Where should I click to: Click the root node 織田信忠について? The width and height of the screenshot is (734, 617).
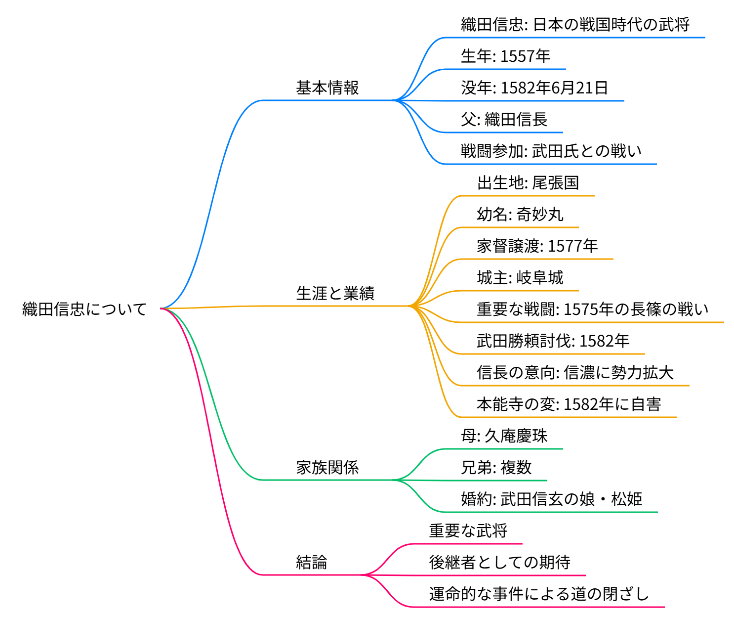(x=84, y=309)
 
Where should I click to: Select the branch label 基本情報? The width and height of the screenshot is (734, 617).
(x=327, y=88)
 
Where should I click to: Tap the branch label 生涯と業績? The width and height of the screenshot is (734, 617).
(x=335, y=293)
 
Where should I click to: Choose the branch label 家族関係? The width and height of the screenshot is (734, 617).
(x=327, y=467)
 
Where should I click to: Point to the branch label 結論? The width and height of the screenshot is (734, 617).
(x=311, y=562)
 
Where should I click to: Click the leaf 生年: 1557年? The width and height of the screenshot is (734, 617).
(x=505, y=56)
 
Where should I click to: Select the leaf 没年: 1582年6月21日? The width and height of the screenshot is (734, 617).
(x=534, y=88)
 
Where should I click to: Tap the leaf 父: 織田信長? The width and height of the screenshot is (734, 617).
(x=504, y=119)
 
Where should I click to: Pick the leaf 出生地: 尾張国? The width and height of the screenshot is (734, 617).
(x=528, y=182)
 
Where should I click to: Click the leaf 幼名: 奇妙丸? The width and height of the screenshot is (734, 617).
(x=520, y=214)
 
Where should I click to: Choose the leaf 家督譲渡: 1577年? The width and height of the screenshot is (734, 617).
(x=537, y=246)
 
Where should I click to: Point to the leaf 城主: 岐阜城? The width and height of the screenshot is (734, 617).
(x=520, y=277)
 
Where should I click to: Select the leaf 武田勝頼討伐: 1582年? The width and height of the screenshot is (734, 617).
(x=553, y=341)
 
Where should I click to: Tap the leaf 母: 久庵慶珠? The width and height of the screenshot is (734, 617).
(x=504, y=436)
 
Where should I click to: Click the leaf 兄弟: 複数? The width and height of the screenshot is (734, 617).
(x=496, y=467)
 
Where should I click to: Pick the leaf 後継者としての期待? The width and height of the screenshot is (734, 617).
(x=499, y=562)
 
